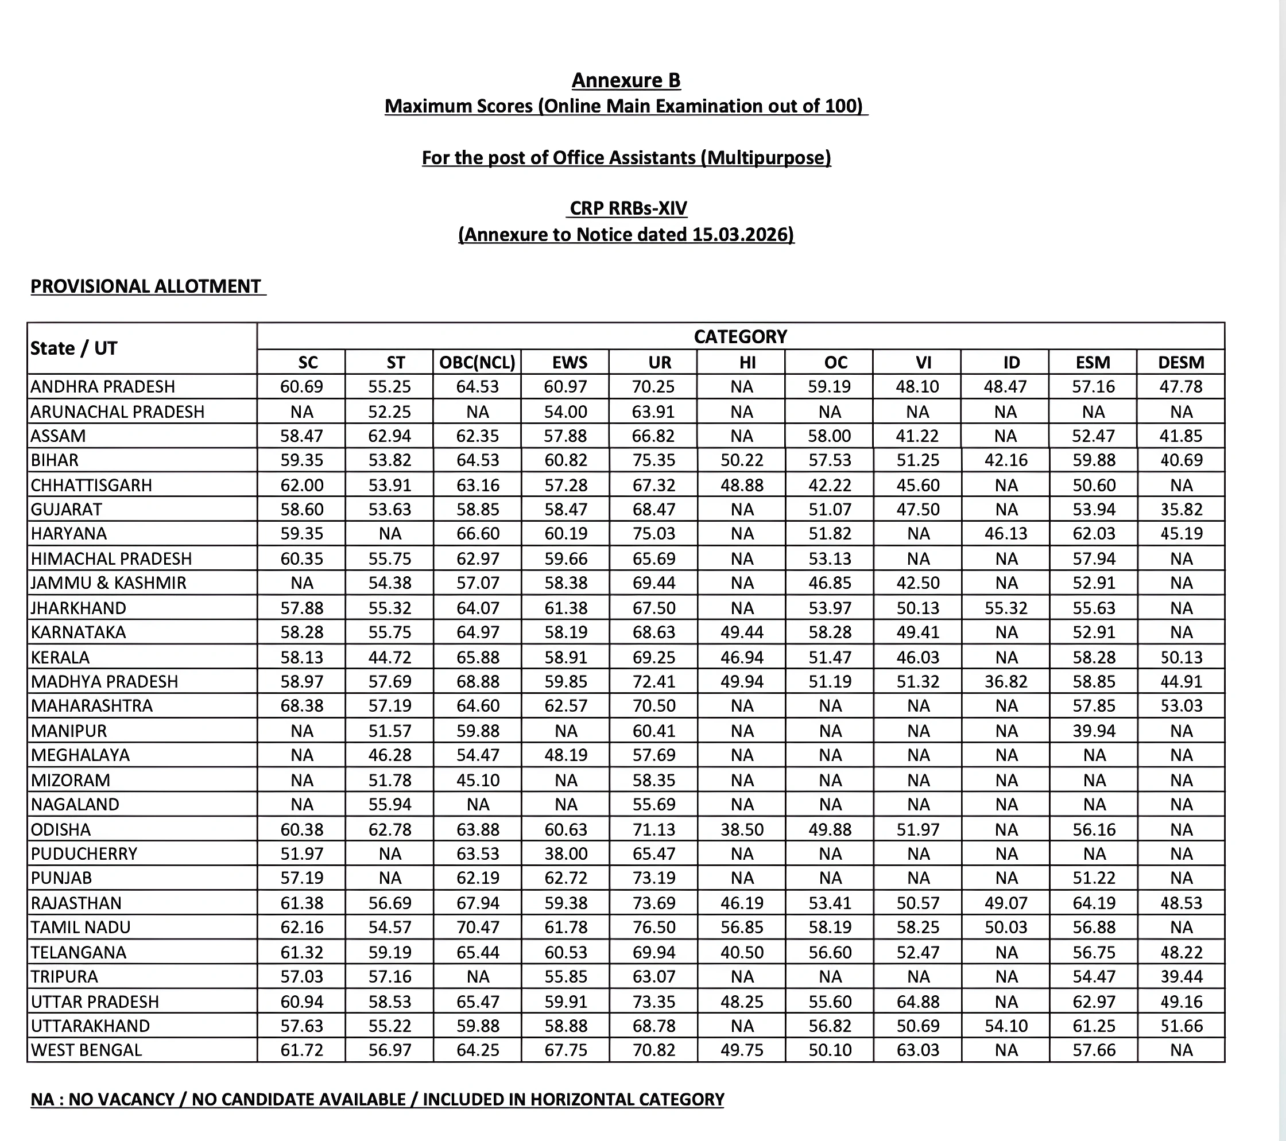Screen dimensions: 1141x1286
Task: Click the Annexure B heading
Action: tap(625, 80)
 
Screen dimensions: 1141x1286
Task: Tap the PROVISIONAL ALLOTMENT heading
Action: tap(145, 287)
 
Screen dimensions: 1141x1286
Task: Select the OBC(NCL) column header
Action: tap(477, 362)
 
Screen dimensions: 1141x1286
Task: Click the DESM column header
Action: tap(1180, 362)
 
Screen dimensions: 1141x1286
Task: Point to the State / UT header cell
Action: tap(73, 348)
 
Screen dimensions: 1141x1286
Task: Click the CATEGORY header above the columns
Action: tap(740, 336)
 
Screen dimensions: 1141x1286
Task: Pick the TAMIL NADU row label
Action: tap(80, 927)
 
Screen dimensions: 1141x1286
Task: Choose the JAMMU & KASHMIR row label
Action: tap(108, 583)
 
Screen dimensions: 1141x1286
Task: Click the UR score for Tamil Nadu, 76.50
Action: tap(653, 927)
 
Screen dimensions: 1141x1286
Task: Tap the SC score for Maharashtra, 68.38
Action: tap(301, 706)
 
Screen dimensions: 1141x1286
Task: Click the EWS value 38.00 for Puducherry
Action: tap(565, 853)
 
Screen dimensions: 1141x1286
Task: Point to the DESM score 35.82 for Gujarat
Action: tap(1180, 510)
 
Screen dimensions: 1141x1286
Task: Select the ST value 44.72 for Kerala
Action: tap(389, 657)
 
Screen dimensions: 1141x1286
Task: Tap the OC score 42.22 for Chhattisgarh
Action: tap(829, 485)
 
